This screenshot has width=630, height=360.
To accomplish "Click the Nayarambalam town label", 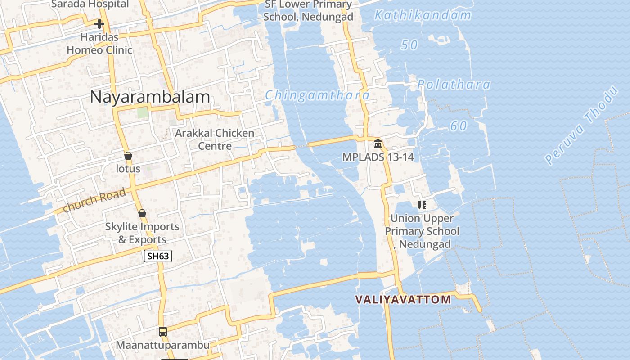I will pos(150,97).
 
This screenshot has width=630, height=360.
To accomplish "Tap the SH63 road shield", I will pos(158,256).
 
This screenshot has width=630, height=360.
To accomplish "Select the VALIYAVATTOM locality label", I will pos(403,300).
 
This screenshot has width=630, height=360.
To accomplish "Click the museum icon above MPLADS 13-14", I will pos(378,144).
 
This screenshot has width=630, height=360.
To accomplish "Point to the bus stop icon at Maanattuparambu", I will pos(163,332).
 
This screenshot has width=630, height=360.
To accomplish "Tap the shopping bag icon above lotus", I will pos(128,156).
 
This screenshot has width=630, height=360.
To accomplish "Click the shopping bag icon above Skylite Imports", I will pos(142,213).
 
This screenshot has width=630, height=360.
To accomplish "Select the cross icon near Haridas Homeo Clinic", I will pos(99,23).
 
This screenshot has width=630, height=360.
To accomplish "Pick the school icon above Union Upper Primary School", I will pos(422,205).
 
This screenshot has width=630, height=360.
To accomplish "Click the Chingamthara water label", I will pos(317,95).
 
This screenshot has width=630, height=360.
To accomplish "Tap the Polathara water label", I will pos(453,85).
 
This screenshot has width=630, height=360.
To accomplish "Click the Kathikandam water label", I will pos(423,16).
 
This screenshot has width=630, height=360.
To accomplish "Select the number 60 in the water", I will pos(459,126).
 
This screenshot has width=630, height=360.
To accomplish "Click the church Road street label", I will pos(94,201).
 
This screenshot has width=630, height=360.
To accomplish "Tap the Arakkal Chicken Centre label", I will pos(215,139).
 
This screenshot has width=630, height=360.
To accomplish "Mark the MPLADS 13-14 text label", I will pos(378,157).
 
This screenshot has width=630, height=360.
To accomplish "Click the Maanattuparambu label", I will pos(163,345).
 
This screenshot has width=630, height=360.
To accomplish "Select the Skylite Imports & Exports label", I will pos(142,233).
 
